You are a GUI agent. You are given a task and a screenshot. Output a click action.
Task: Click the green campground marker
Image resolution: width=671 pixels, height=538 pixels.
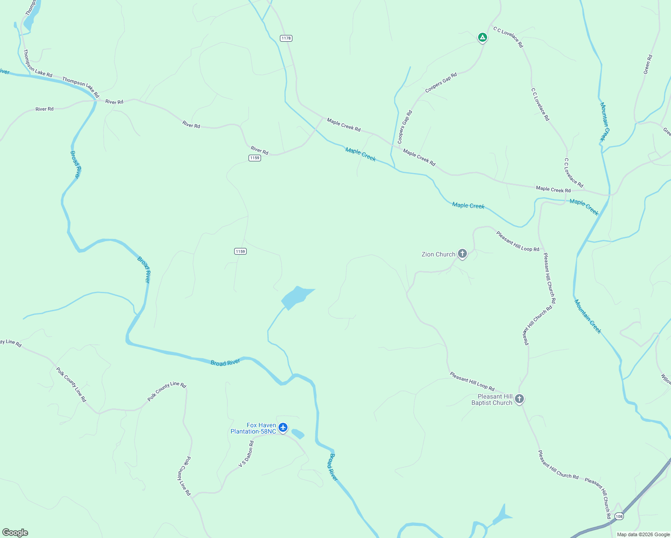point(482,37)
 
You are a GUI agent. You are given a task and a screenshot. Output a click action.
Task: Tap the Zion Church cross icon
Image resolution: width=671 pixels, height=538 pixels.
point(462,254)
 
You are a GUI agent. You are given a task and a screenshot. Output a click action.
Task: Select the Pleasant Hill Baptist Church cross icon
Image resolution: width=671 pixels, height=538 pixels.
point(519,399)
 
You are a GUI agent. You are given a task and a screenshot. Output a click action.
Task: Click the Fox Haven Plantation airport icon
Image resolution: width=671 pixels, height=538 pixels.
point(283,427)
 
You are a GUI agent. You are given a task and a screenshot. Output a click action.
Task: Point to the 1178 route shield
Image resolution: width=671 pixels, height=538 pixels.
point(286,38)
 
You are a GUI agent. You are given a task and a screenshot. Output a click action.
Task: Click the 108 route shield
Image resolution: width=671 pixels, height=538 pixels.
point(619,516)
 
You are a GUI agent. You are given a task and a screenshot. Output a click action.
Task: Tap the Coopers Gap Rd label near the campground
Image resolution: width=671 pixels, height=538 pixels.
point(441,82)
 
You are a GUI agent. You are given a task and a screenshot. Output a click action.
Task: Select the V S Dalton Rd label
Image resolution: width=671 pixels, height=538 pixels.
point(246,454)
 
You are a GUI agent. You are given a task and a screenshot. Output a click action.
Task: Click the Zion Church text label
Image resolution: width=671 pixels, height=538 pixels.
point(438,254)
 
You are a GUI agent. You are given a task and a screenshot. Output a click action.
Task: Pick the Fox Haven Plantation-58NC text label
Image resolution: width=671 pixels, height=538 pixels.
point(253,429)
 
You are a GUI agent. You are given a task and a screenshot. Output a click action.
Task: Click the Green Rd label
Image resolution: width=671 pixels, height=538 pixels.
point(648,65)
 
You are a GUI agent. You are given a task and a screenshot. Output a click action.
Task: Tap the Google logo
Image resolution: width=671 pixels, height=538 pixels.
point(15,533)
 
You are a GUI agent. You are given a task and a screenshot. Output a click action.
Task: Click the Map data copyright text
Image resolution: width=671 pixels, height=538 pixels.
point(643,534)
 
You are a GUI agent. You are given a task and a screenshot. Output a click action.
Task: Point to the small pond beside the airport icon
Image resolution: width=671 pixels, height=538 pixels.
point(298,434)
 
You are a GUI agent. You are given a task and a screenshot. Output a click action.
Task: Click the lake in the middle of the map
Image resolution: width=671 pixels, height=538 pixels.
point(296,297)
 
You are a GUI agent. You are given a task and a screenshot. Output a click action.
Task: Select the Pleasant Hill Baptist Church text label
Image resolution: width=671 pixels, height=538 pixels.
point(492,399)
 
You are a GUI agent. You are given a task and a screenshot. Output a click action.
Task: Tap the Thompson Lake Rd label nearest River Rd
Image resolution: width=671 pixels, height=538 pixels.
point(81,87)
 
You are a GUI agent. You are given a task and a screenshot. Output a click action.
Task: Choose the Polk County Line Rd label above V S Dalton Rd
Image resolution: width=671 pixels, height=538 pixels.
point(167,391)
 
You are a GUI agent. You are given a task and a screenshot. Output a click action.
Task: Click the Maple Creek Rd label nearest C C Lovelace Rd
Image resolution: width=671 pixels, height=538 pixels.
point(553,190)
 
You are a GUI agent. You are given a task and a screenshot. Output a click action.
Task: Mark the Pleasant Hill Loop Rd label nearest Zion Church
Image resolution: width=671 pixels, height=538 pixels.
point(518,241)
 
